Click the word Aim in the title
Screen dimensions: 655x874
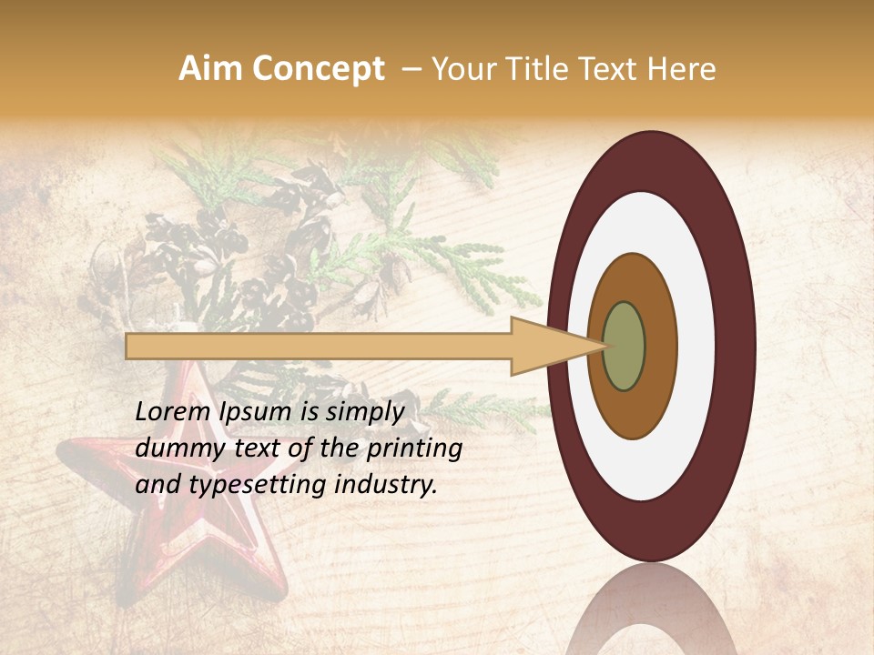click(x=209, y=69)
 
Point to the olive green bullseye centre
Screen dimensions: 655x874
click(x=624, y=346)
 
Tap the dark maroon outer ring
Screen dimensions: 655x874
click(x=735, y=346)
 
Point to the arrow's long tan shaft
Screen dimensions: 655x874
click(x=319, y=346)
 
